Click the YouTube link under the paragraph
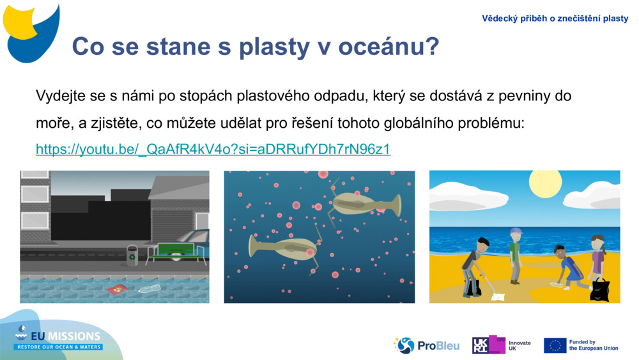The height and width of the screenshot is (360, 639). tap(213, 150)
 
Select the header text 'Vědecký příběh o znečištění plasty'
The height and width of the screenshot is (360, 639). tap(555, 19)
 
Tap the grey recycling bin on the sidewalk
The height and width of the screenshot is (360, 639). tap(132, 255)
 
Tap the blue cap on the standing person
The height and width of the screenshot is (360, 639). tap(516, 231)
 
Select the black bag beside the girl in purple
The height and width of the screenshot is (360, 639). tap(599, 289)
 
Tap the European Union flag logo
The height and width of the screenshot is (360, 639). tap(555, 345)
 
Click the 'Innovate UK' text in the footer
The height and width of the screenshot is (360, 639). tap(520, 345)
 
